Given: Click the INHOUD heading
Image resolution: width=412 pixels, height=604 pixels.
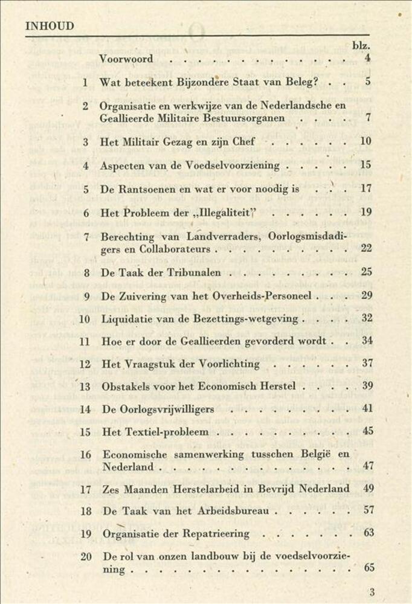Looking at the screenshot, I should point(50,25).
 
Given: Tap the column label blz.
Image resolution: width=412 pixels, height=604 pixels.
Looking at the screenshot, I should point(361,45).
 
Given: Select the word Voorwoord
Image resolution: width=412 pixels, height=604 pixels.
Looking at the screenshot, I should point(126,59).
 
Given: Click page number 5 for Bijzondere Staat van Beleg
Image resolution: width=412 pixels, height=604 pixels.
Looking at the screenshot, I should point(368,82).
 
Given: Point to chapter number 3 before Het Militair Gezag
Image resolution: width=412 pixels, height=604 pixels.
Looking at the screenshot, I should point(86,142).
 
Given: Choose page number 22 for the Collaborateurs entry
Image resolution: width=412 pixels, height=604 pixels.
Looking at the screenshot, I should point(366,248).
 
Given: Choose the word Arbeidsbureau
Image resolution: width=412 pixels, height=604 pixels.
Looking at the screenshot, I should point(227,510).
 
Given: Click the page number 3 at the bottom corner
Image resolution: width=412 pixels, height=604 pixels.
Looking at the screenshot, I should point(372,592).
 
